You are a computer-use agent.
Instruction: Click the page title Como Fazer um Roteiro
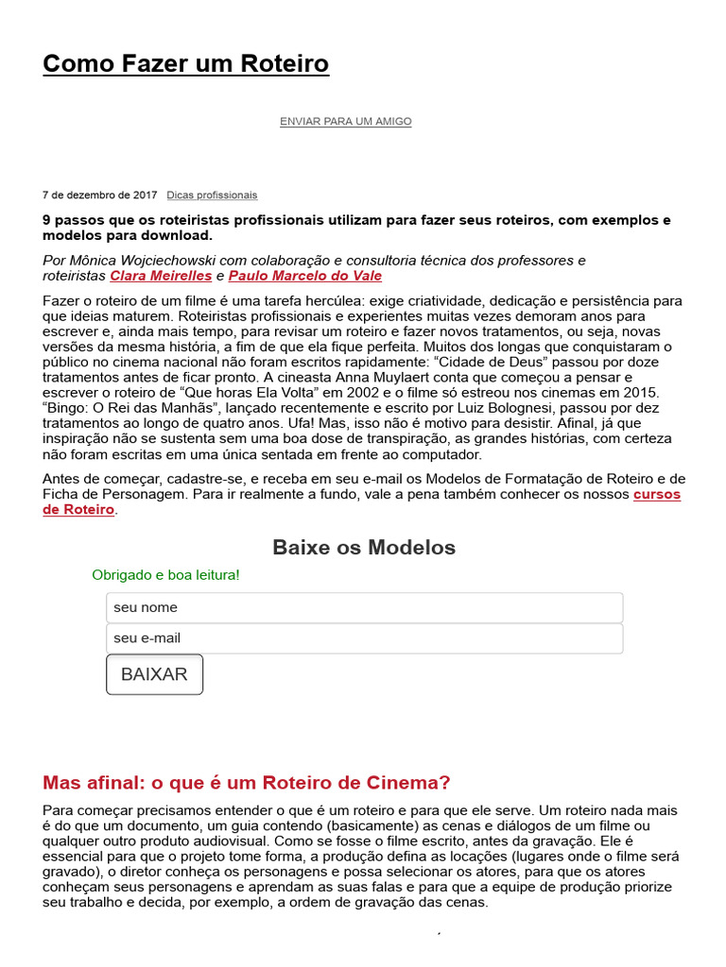tap(185, 64)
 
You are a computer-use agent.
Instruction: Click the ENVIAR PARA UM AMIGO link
tap(345, 122)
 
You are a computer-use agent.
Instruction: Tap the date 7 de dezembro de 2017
tap(100, 195)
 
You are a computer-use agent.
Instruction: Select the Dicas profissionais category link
tap(212, 195)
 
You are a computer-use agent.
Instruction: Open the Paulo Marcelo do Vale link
tap(305, 277)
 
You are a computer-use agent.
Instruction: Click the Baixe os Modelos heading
tap(363, 548)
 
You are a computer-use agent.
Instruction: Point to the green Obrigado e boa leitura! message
tap(165, 575)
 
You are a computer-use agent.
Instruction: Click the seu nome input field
tap(364, 607)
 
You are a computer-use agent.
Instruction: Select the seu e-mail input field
tap(364, 638)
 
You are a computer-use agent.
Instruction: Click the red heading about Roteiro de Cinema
tap(247, 783)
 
